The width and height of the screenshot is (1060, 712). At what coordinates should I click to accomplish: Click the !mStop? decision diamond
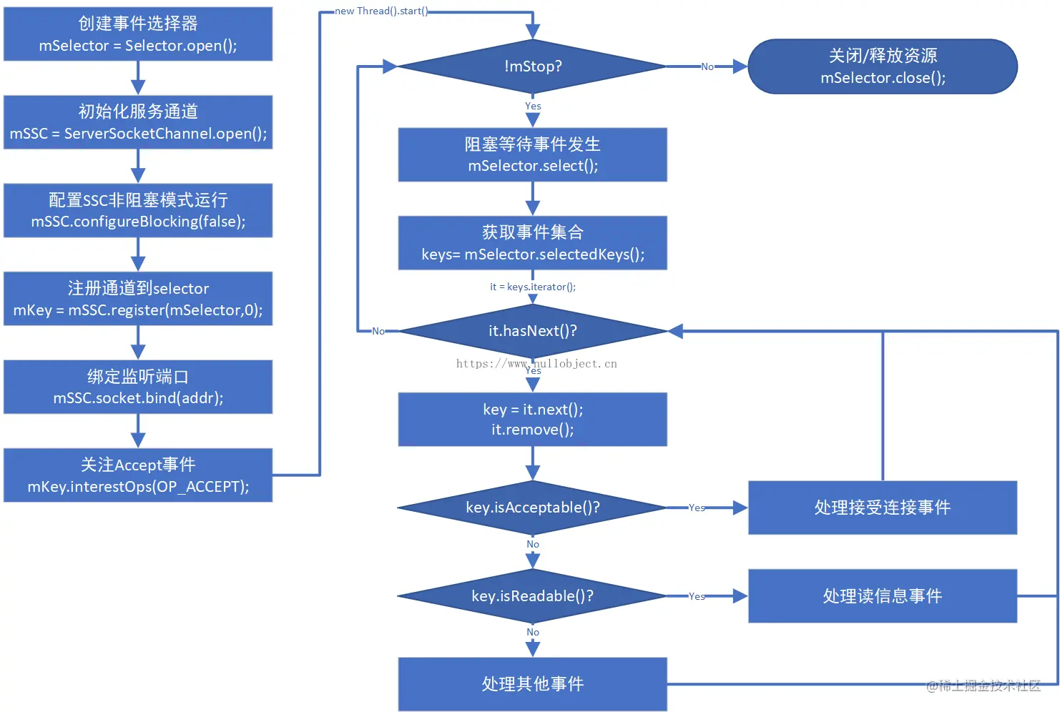533,66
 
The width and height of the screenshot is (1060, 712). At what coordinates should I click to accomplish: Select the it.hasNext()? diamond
533,331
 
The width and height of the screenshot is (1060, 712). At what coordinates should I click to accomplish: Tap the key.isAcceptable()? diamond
533,508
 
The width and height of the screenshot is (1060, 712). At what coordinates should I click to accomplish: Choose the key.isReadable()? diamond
533,596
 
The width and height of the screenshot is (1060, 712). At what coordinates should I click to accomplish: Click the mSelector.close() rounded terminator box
883,66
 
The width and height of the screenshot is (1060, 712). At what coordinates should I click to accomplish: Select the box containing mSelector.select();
533,155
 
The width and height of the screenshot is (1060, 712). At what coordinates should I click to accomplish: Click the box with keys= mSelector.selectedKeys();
533,243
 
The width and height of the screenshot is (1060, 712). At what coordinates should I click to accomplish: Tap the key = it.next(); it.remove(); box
533,420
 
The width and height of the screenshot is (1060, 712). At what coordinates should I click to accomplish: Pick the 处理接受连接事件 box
883,508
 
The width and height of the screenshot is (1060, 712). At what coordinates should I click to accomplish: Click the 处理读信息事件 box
883,596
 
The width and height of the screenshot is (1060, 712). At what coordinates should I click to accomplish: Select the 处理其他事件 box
533,684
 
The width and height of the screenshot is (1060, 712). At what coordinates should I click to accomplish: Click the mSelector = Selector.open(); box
138,34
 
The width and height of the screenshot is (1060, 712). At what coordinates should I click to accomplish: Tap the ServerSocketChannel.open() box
138,122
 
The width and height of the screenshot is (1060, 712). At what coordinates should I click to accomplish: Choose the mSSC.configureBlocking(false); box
138,211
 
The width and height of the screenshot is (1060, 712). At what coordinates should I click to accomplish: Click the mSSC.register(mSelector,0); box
138,299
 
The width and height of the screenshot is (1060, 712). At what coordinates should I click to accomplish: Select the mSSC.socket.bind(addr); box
138,387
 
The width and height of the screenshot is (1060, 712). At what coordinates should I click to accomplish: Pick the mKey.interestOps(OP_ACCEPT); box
138,475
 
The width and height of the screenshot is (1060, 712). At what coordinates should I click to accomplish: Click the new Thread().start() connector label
381,11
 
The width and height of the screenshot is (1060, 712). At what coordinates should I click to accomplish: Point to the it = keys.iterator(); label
533,287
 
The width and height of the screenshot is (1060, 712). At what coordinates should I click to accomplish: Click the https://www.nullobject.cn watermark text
536,363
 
